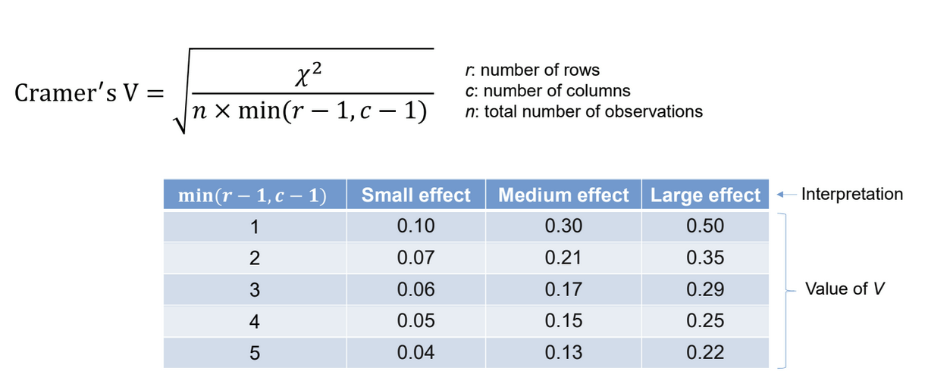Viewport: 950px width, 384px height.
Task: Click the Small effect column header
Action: click(x=415, y=195)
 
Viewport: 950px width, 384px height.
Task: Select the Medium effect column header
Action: click(x=563, y=195)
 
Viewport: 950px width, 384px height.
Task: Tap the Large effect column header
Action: click(x=705, y=195)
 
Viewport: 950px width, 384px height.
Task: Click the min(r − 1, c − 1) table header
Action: click(x=252, y=195)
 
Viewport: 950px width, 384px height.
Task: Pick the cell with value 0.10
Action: click(x=415, y=226)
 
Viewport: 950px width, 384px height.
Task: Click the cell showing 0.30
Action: click(x=563, y=226)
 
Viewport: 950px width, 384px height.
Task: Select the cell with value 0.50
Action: click(x=705, y=226)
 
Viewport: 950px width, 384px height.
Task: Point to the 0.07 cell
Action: click(x=415, y=258)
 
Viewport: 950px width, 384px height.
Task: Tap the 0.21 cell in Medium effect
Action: click(x=563, y=258)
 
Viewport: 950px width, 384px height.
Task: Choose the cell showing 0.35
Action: click(x=705, y=258)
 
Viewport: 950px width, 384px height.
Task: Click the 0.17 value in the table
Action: click(x=563, y=289)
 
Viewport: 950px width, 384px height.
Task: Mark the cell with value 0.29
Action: click(x=705, y=289)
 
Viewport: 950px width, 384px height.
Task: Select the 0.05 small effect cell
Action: click(x=415, y=321)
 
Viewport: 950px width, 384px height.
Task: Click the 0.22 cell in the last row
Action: click(x=705, y=353)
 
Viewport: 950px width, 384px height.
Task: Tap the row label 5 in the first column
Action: click(x=255, y=353)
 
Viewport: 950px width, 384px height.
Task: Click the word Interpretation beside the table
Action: click(x=851, y=194)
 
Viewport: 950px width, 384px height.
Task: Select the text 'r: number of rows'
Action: click(x=532, y=70)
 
